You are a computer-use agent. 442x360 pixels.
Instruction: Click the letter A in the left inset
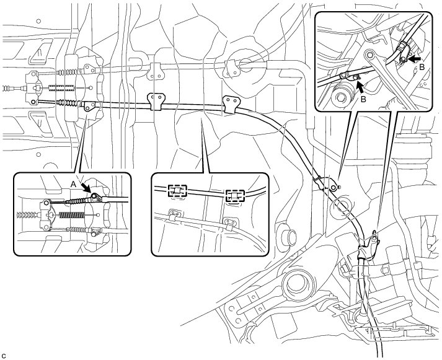[x=73, y=184]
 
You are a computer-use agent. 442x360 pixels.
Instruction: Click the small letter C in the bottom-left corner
[x=4, y=355]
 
